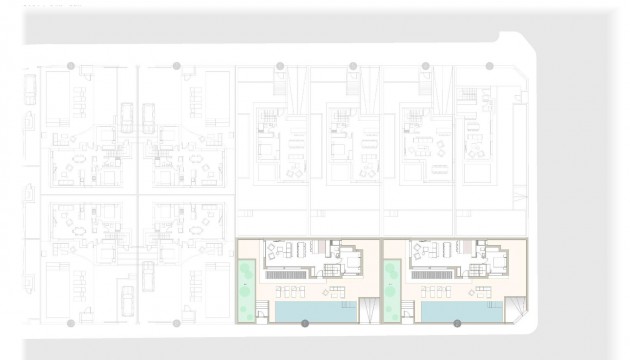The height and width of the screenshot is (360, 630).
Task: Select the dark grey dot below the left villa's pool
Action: click(306, 324)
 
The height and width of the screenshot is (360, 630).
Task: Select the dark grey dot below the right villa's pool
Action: click(457, 324)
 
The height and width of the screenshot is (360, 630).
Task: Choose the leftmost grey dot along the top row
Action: click(70, 66)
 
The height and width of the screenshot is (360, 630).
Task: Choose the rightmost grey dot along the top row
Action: click(489, 66)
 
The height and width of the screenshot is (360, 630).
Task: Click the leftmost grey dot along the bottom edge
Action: click(70, 324)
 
